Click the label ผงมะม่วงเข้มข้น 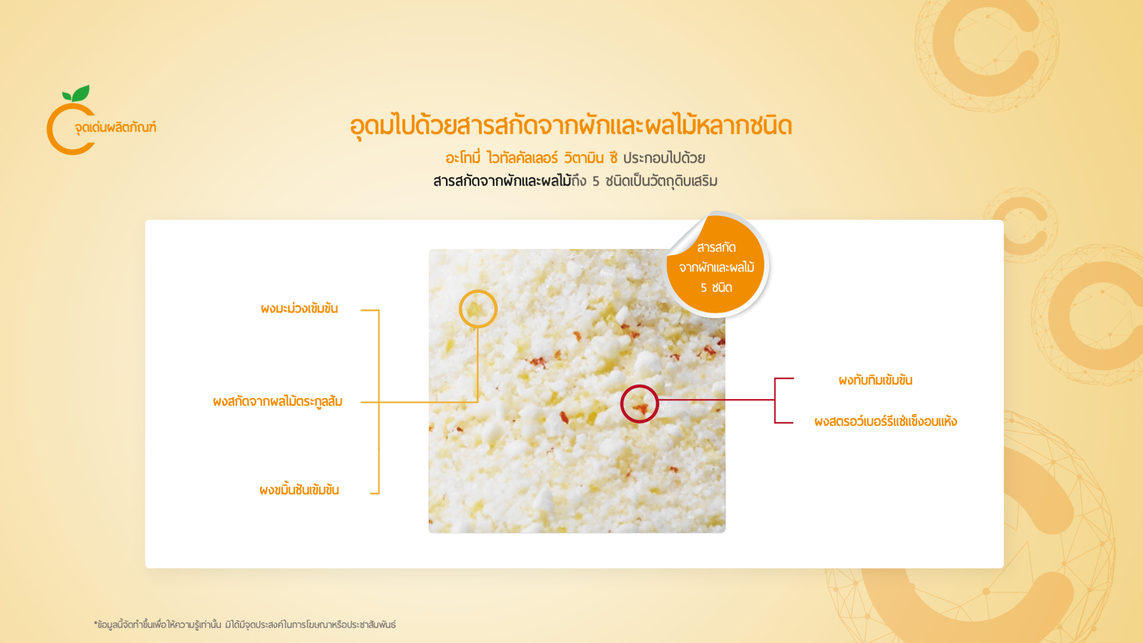(x=299, y=309)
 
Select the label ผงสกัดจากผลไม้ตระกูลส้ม (x=277, y=402)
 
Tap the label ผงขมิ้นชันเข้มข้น (x=299, y=490)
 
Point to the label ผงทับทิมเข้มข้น (x=875, y=380)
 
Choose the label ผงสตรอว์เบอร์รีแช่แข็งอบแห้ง (x=885, y=421)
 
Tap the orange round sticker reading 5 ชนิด (x=716, y=266)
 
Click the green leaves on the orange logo (x=76, y=93)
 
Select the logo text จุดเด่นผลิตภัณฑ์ (x=116, y=128)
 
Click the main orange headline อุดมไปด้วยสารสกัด (x=570, y=126)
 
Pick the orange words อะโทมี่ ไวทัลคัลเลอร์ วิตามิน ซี (x=531, y=158)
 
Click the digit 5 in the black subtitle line (x=595, y=181)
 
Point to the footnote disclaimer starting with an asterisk (x=244, y=625)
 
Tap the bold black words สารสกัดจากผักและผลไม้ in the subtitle (x=502, y=181)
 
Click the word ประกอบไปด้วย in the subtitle (x=664, y=158)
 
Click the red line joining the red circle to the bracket (x=717, y=400)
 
